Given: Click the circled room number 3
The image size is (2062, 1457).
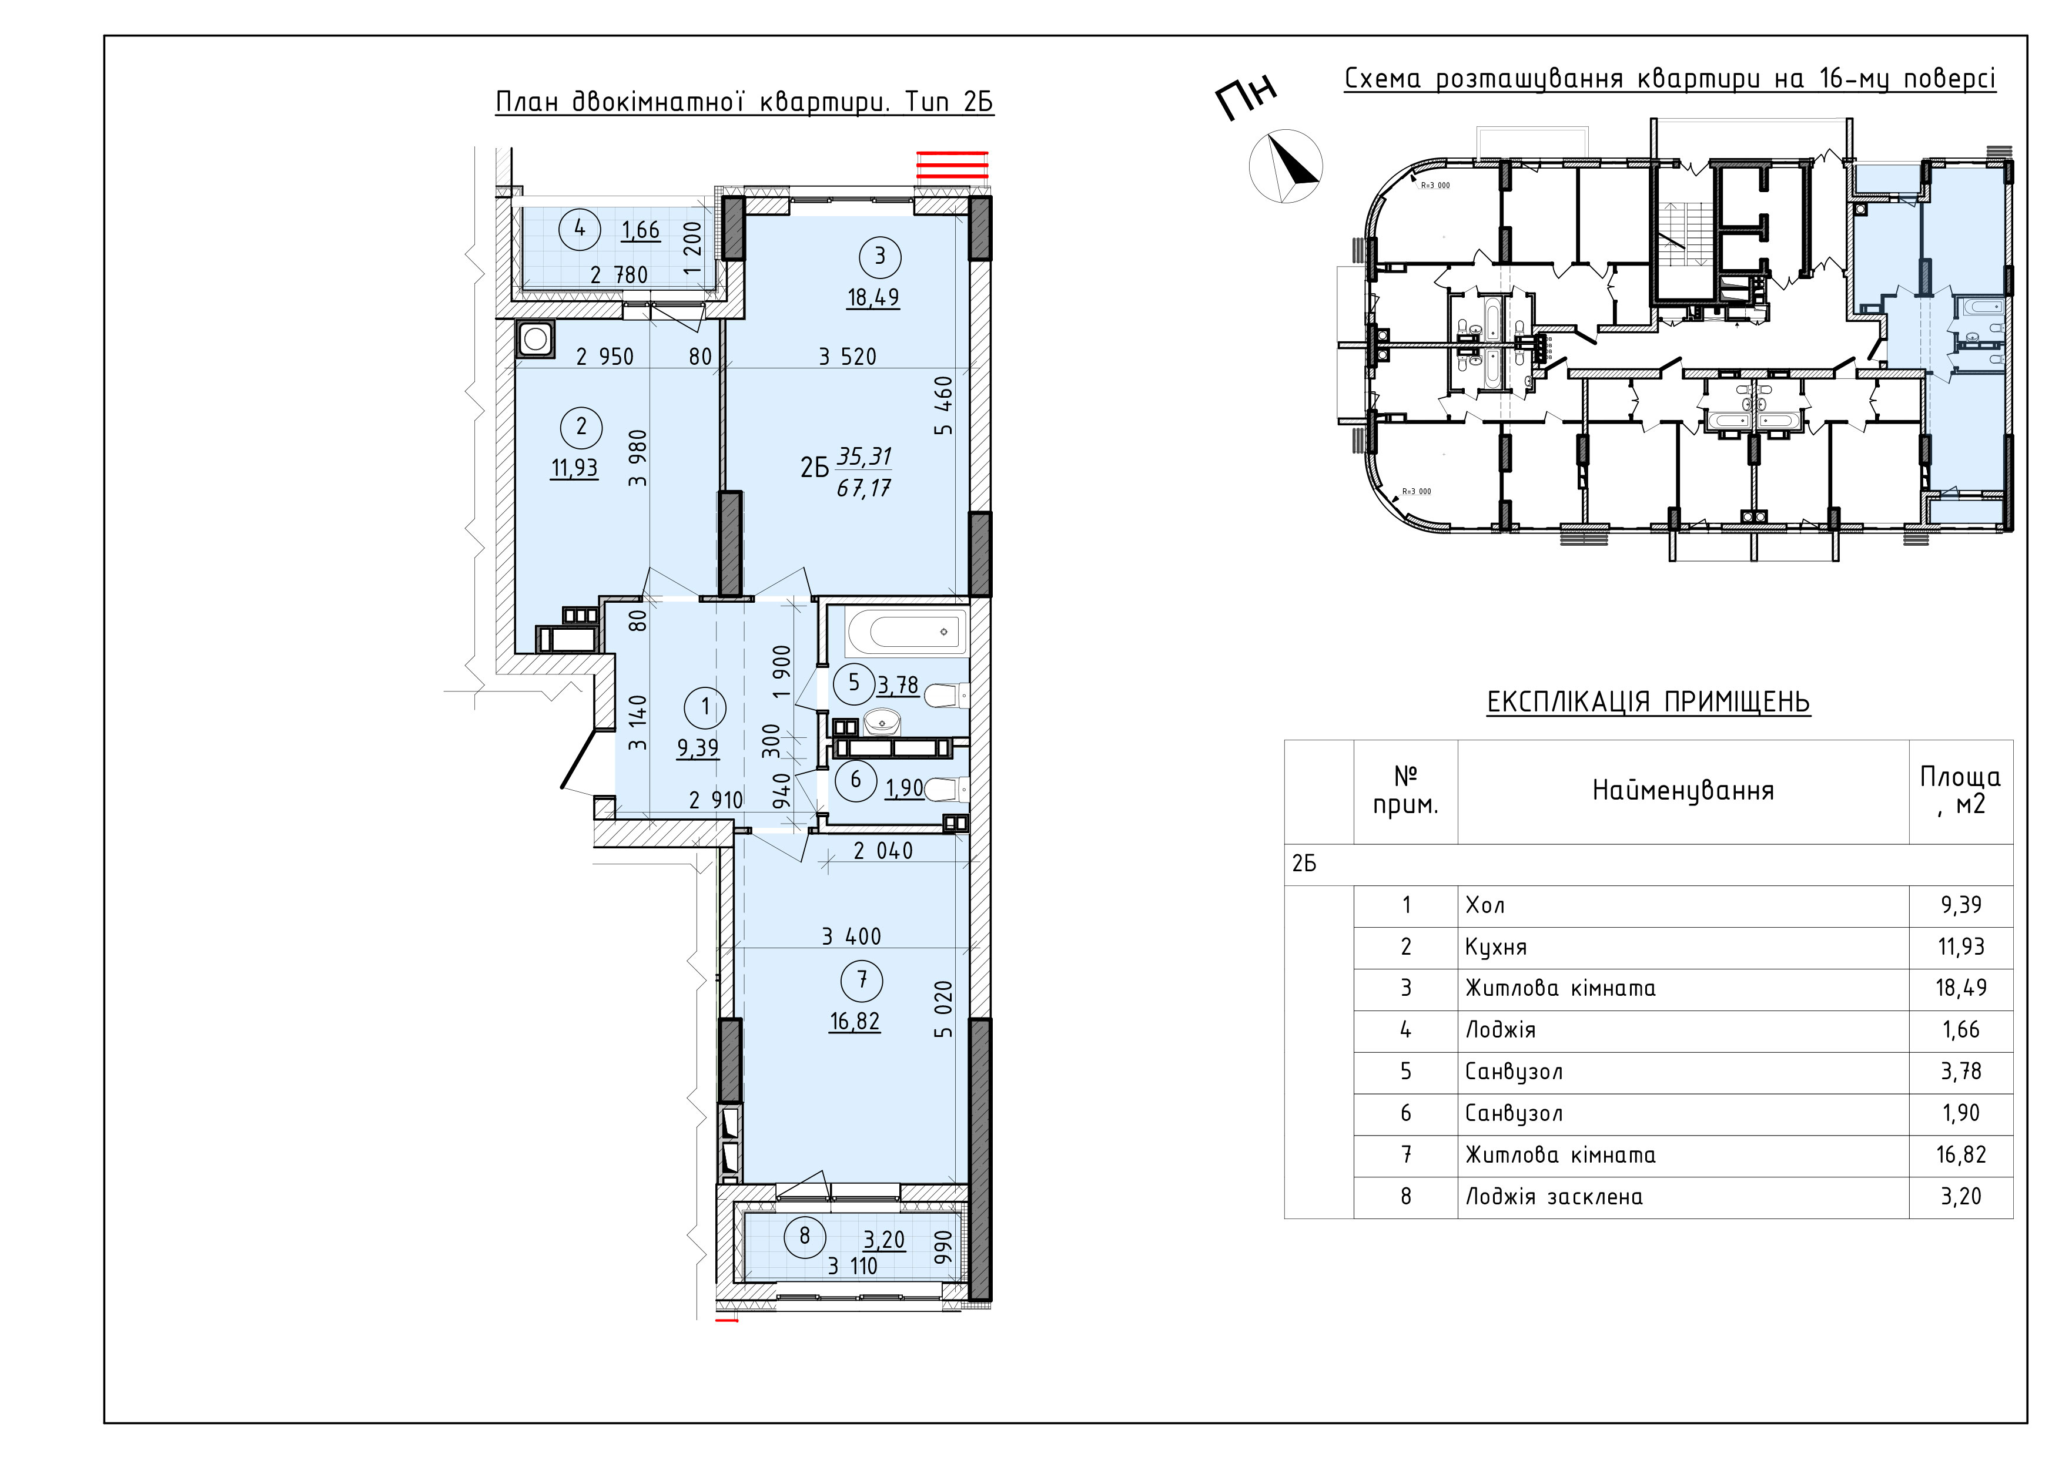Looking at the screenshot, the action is point(879,257).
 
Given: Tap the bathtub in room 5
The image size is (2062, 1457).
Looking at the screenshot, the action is point(907,632).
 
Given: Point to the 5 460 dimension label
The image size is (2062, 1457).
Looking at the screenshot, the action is point(943,406).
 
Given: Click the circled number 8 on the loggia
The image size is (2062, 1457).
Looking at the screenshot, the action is point(804,1236).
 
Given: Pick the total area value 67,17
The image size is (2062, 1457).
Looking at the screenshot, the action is point(863,488).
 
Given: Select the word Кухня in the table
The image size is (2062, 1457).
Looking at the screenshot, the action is point(1495,946).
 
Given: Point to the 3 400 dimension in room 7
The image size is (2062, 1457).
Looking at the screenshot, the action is point(851,936).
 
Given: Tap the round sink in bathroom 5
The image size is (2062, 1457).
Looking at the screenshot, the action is point(883,719).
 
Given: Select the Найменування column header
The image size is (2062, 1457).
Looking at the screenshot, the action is point(1683,790).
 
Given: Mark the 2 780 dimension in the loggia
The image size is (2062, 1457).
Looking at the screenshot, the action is point(619,275).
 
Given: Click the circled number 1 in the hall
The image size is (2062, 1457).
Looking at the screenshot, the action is point(705,707).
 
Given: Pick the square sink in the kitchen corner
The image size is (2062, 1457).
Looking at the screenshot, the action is point(536,340).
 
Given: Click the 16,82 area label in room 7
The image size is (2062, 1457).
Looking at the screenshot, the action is point(855,1022).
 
